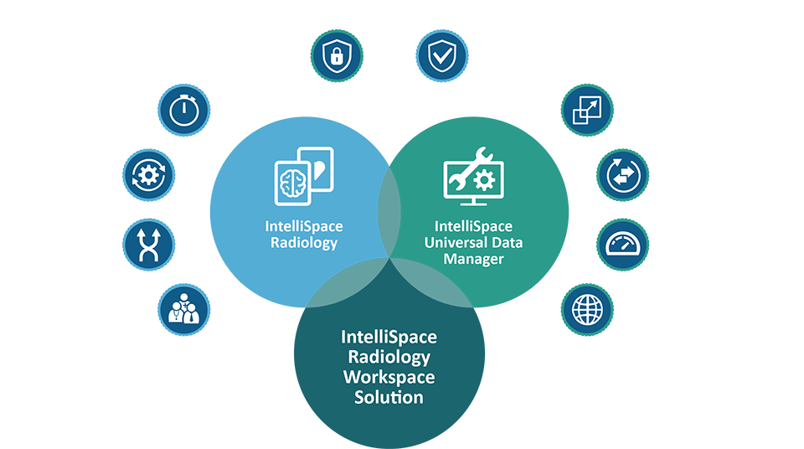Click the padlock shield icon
point(336,56)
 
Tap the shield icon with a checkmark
point(441,56)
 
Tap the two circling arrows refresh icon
point(622,175)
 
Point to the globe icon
point(587,308)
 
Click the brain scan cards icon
point(304,178)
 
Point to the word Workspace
point(389,377)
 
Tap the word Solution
point(389,397)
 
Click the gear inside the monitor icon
point(483,180)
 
